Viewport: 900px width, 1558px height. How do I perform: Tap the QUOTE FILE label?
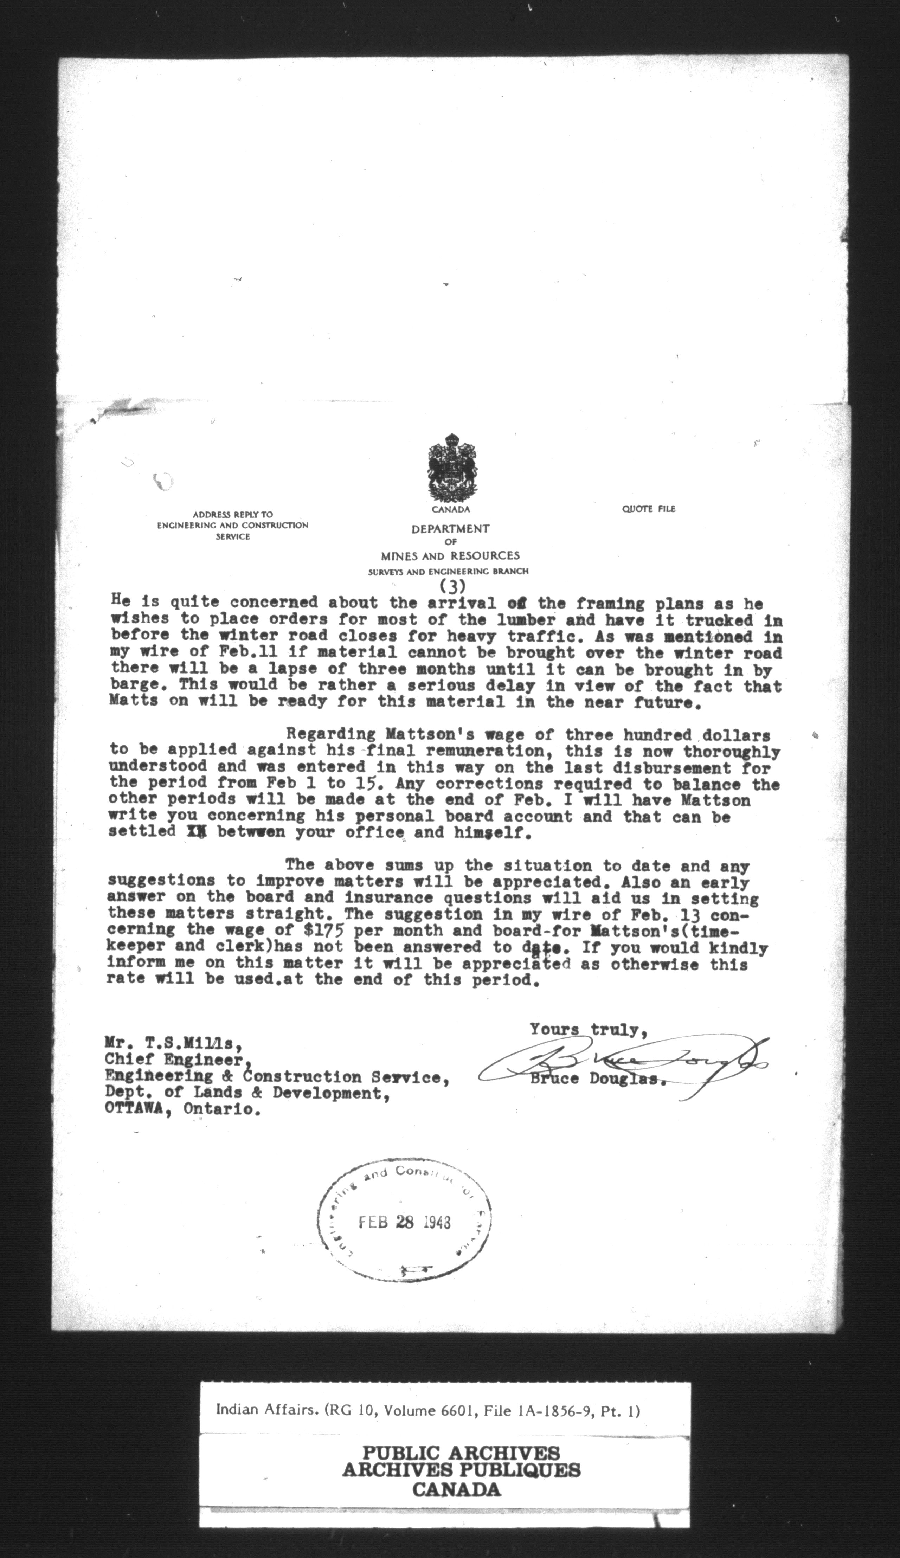[648, 509]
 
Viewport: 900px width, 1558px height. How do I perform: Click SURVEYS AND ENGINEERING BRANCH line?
[448, 572]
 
